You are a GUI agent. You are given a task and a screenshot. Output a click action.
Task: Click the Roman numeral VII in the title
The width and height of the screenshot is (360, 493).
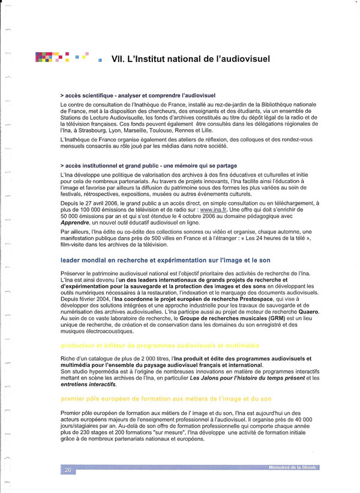coord(119,59)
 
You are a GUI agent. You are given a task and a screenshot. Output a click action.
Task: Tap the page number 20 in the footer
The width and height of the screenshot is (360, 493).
coord(68,470)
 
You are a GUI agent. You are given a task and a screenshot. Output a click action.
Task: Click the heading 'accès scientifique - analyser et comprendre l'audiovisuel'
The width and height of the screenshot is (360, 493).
coord(138,96)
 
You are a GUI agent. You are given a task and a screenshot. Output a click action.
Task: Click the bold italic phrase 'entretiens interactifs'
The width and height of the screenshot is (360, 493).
coord(90,384)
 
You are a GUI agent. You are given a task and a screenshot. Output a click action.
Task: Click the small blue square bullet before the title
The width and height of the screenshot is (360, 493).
coord(100,60)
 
